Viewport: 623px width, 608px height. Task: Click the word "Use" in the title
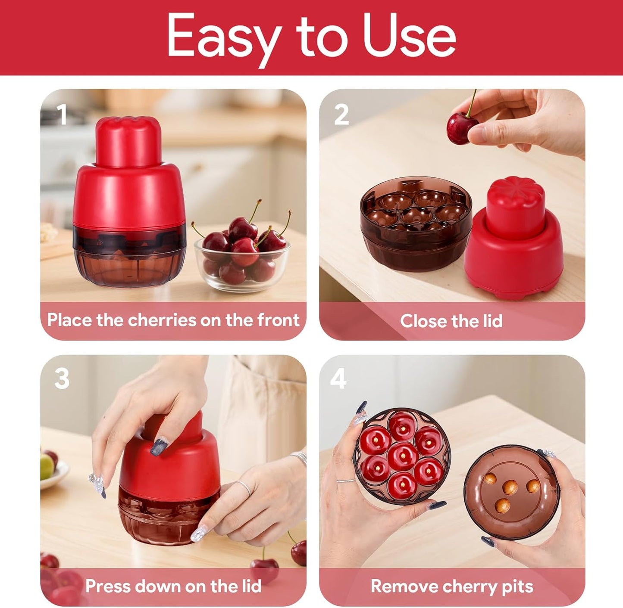pyautogui.click(x=409, y=36)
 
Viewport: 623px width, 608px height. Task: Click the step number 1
pyautogui.click(x=63, y=115)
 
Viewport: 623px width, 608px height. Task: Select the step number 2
pyautogui.click(x=341, y=115)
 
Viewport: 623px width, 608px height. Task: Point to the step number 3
pyautogui.click(x=62, y=379)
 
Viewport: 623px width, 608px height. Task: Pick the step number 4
pyautogui.click(x=338, y=379)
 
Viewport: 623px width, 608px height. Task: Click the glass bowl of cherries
pyautogui.click(x=241, y=258)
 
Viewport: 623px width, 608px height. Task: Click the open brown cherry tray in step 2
pyautogui.click(x=415, y=222)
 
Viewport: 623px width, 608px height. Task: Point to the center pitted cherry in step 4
pyautogui.click(x=402, y=456)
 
